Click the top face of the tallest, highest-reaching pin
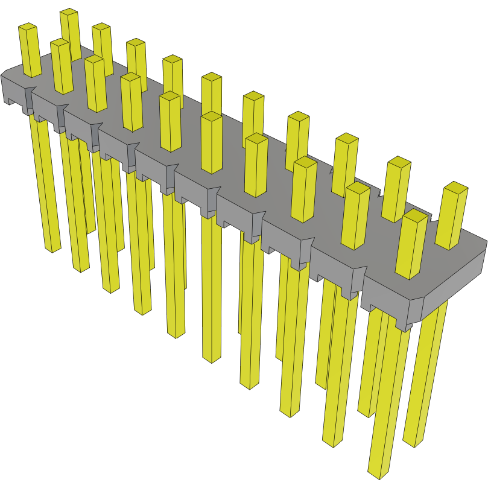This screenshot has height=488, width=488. coord(69,13)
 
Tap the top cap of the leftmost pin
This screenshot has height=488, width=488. coord(28,27)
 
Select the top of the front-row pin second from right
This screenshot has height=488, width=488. coord(358,188)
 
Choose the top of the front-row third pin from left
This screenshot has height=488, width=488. coord(93,59)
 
